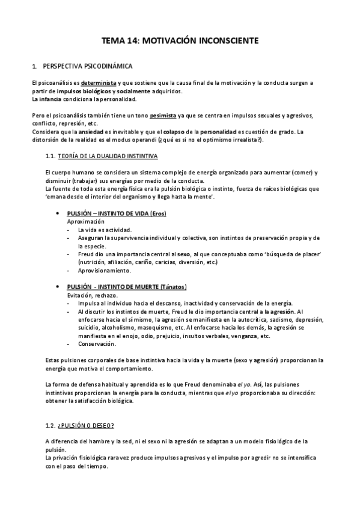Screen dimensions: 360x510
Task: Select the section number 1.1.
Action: pos(50,156)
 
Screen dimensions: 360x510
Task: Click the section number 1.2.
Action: pos(50,426)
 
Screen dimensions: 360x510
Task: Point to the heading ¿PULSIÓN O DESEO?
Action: pos(87,426)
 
